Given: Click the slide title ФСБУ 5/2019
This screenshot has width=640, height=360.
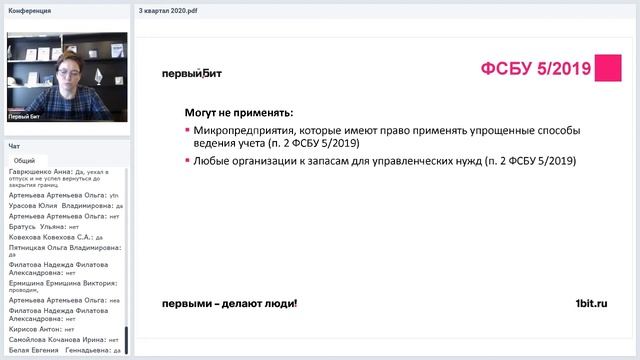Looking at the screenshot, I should tap(535, 70).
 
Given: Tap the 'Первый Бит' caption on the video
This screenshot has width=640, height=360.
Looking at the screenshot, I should tap(25, 117).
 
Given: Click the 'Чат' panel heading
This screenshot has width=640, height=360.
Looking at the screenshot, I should tap(14, 146).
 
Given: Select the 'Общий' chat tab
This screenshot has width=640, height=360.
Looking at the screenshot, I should tap(25, 160).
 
